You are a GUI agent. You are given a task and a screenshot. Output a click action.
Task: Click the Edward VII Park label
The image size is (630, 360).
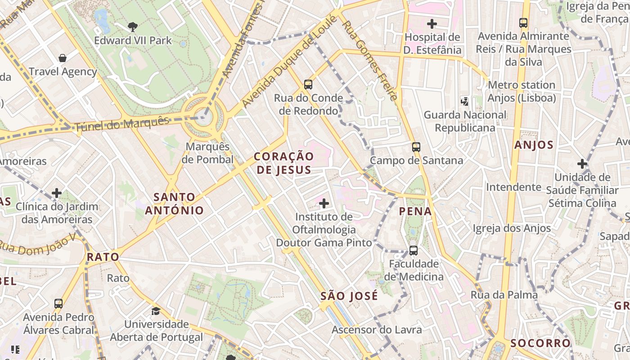click(133, 40)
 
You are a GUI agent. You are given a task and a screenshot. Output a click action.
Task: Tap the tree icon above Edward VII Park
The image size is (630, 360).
click(133, 27)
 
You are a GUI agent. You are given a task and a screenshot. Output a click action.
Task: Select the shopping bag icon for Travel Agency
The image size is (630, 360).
click(63, 58)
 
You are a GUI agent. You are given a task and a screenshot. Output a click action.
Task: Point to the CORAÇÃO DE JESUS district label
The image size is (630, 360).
click(283, 163)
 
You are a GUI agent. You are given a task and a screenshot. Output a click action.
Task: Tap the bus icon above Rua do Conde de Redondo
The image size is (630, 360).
click(308, 84)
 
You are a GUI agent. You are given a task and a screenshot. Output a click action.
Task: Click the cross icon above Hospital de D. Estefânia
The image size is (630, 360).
click(432, 23)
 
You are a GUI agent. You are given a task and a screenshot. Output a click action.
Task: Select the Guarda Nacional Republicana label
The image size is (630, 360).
click(465, 121)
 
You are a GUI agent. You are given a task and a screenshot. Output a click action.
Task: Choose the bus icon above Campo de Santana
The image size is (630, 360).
click(416, 147)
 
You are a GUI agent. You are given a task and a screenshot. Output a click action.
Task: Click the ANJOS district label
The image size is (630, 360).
click(534, 145)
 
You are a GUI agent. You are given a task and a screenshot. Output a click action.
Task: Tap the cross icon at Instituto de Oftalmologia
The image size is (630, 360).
click(324, 203)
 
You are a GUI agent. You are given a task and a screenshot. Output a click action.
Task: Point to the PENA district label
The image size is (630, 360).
click(415, 211)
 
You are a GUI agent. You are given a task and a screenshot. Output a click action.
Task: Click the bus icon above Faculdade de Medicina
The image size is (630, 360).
click(414, 250)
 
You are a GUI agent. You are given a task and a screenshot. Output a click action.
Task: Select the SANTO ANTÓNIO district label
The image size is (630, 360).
click(174, 203)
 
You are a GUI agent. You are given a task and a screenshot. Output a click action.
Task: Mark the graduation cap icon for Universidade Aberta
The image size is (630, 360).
click(156, 311)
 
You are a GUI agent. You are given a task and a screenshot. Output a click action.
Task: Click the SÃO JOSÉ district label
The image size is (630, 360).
click(349, 296)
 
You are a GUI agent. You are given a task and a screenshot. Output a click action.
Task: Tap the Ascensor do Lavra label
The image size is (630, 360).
click(377, 330)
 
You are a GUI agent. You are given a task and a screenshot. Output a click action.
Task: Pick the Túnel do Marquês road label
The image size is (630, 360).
click(121, 124)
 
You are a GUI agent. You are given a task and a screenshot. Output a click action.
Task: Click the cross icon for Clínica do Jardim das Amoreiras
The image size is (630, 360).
click(57, 193)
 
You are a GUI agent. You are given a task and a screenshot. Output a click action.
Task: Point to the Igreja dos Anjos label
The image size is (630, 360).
click(512, 229)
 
